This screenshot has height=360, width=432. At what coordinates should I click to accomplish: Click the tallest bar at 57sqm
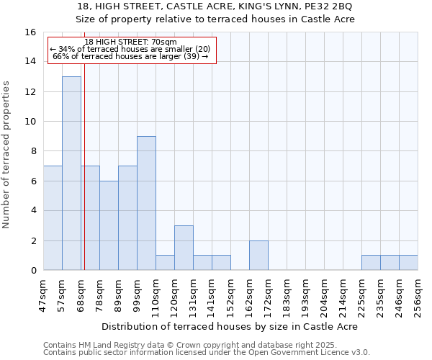(71, 173)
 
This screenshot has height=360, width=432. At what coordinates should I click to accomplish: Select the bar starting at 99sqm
(146, 203)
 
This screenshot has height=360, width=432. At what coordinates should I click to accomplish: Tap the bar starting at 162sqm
(258, 255)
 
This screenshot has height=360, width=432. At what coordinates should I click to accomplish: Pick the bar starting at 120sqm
(184, 248)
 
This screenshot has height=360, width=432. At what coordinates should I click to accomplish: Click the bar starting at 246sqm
(408, 263)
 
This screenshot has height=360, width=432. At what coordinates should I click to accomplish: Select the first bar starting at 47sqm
(53, 217)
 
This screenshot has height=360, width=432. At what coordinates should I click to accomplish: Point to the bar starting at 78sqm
(109, 225)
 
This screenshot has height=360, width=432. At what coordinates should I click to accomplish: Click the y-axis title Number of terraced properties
(7, 155)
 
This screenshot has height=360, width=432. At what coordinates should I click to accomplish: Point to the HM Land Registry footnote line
(184, 345)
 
